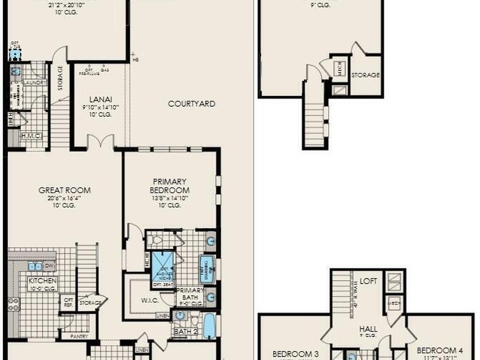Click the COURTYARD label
192,104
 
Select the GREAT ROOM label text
65,190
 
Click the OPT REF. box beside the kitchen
67,302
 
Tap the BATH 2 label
185,332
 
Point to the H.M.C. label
31,136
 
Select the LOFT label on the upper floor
368,282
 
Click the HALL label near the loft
368,329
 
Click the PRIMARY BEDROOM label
169,186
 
